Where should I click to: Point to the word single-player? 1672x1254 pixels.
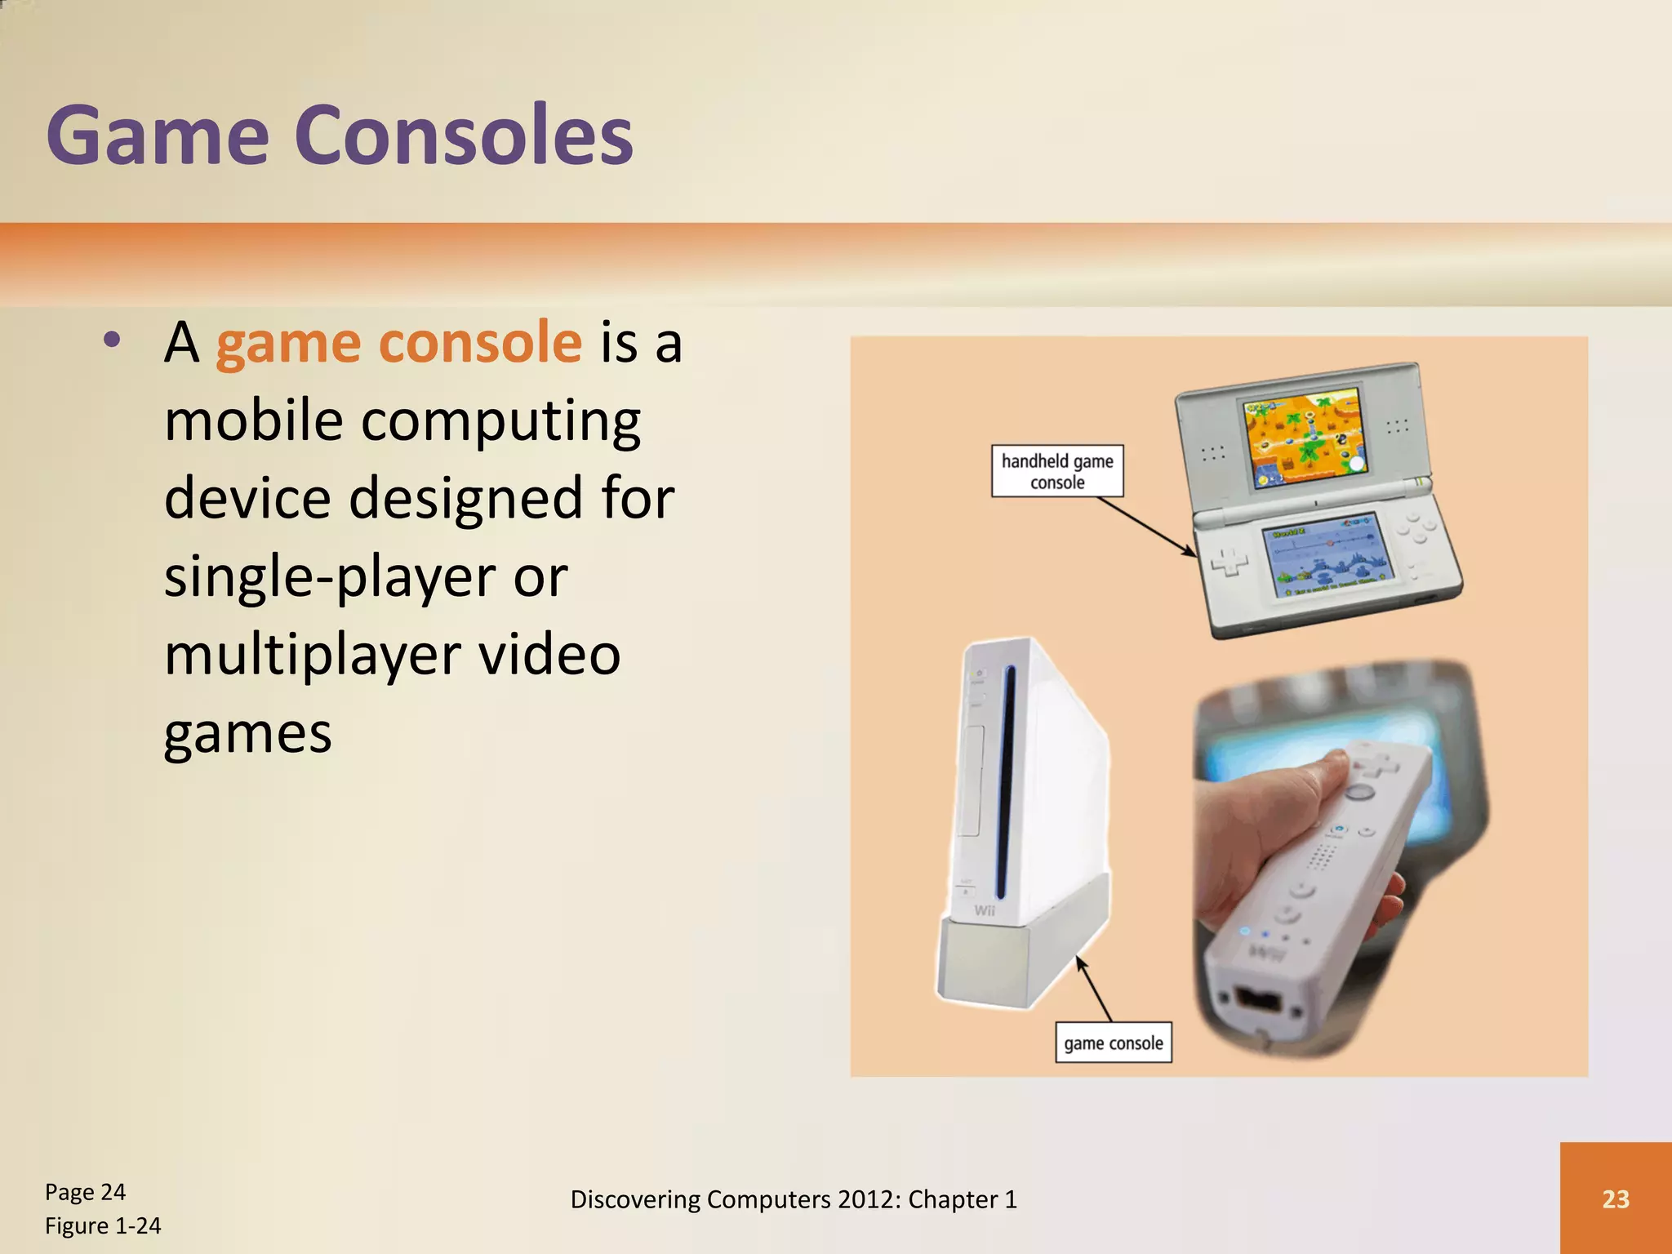(330, 577)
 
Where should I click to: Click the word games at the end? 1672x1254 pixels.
(247, 733)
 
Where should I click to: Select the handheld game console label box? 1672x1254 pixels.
(1057, 471)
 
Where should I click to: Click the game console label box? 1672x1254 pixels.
(1113, 1043)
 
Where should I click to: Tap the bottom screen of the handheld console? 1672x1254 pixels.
(1326, 555)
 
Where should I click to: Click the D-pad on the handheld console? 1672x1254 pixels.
(1229, 563)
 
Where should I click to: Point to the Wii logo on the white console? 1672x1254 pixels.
(985, 910)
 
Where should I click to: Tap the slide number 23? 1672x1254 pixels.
(1615, 1198)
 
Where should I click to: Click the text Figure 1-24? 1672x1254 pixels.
(103, 1225)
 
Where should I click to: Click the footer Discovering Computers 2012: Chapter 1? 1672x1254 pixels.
(794, 1199)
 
